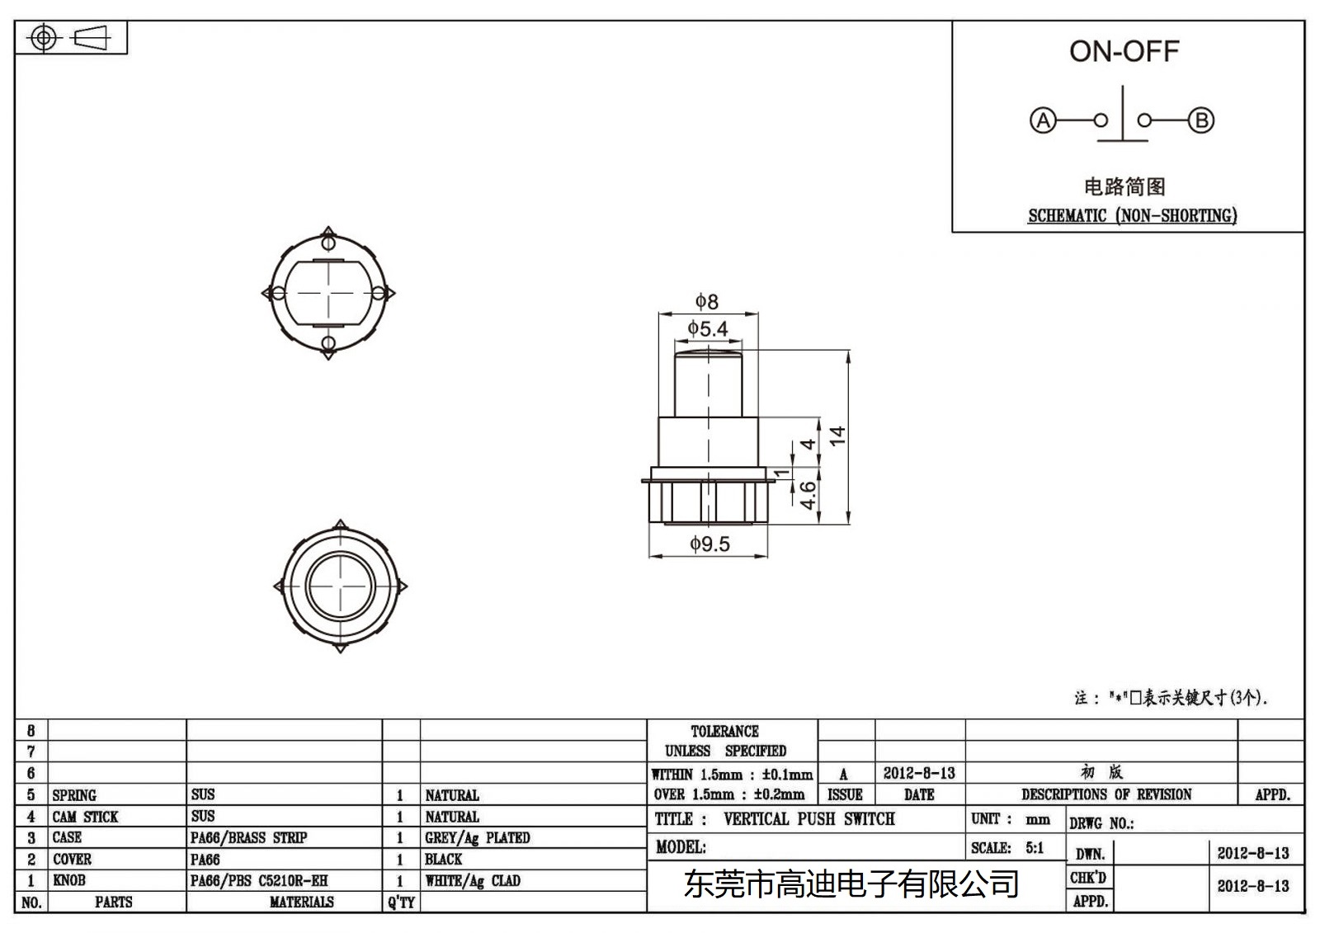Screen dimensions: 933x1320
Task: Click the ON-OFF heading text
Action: click(x=1124, y=51)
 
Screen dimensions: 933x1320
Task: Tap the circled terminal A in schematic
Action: click(x=1043, y=120)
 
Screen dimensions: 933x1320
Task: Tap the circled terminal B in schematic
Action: click(x=1201, y=120)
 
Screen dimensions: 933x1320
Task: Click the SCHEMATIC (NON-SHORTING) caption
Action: click(x=1132, y=216)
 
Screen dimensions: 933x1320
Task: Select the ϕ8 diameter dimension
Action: click(x=707, y=302)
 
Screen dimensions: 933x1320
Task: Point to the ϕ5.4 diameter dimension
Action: click(x=708, y=329)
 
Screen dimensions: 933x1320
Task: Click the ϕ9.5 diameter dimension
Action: click(x=709, y=544)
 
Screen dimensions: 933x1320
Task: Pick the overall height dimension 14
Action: click(x=838, y=436)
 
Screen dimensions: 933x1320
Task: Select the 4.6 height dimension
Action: click(x=808, y=495)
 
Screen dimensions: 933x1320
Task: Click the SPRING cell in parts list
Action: click(x=74, y=795)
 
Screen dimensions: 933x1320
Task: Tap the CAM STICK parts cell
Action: click(x=85, y=817)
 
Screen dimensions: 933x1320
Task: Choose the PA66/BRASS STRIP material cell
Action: click(x=248, y=838)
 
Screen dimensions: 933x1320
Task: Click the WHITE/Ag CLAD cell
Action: click(x=473, y=881)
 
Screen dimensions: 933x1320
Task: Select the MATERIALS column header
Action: click(x=301, y=902)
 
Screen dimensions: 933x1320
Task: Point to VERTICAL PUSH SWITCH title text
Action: click(x=808, y=819)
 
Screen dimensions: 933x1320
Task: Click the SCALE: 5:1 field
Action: click(x=1007, y=848)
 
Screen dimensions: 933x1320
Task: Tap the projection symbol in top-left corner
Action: click(x=71, y=38)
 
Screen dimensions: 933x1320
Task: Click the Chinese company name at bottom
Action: click(x=851, y=885)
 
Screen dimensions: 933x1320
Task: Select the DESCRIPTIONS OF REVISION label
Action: click(x=1106, y=794)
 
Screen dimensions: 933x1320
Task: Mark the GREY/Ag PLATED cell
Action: click(x=478, y=838)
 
